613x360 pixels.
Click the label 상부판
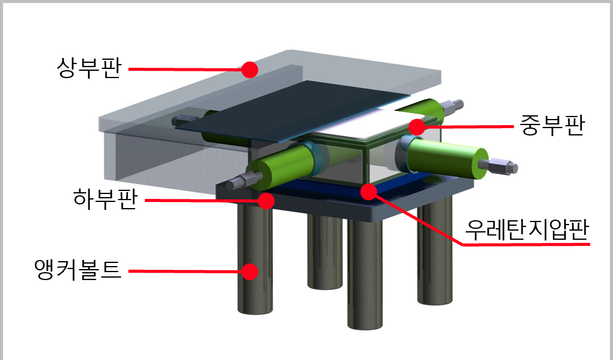click(89, 68)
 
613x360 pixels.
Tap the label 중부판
click(551, 126)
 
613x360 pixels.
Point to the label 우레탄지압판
click(526, 229)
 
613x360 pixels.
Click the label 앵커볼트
click(78, 269)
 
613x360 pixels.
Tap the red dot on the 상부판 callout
click(249, 70)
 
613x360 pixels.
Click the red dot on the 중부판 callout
click(417, 127)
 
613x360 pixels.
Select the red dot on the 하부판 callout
click(266, 201)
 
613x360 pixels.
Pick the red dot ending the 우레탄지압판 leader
click(368, 191)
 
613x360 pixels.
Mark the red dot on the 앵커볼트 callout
click(249, 272)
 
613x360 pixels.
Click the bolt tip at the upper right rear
click(453, 106)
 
